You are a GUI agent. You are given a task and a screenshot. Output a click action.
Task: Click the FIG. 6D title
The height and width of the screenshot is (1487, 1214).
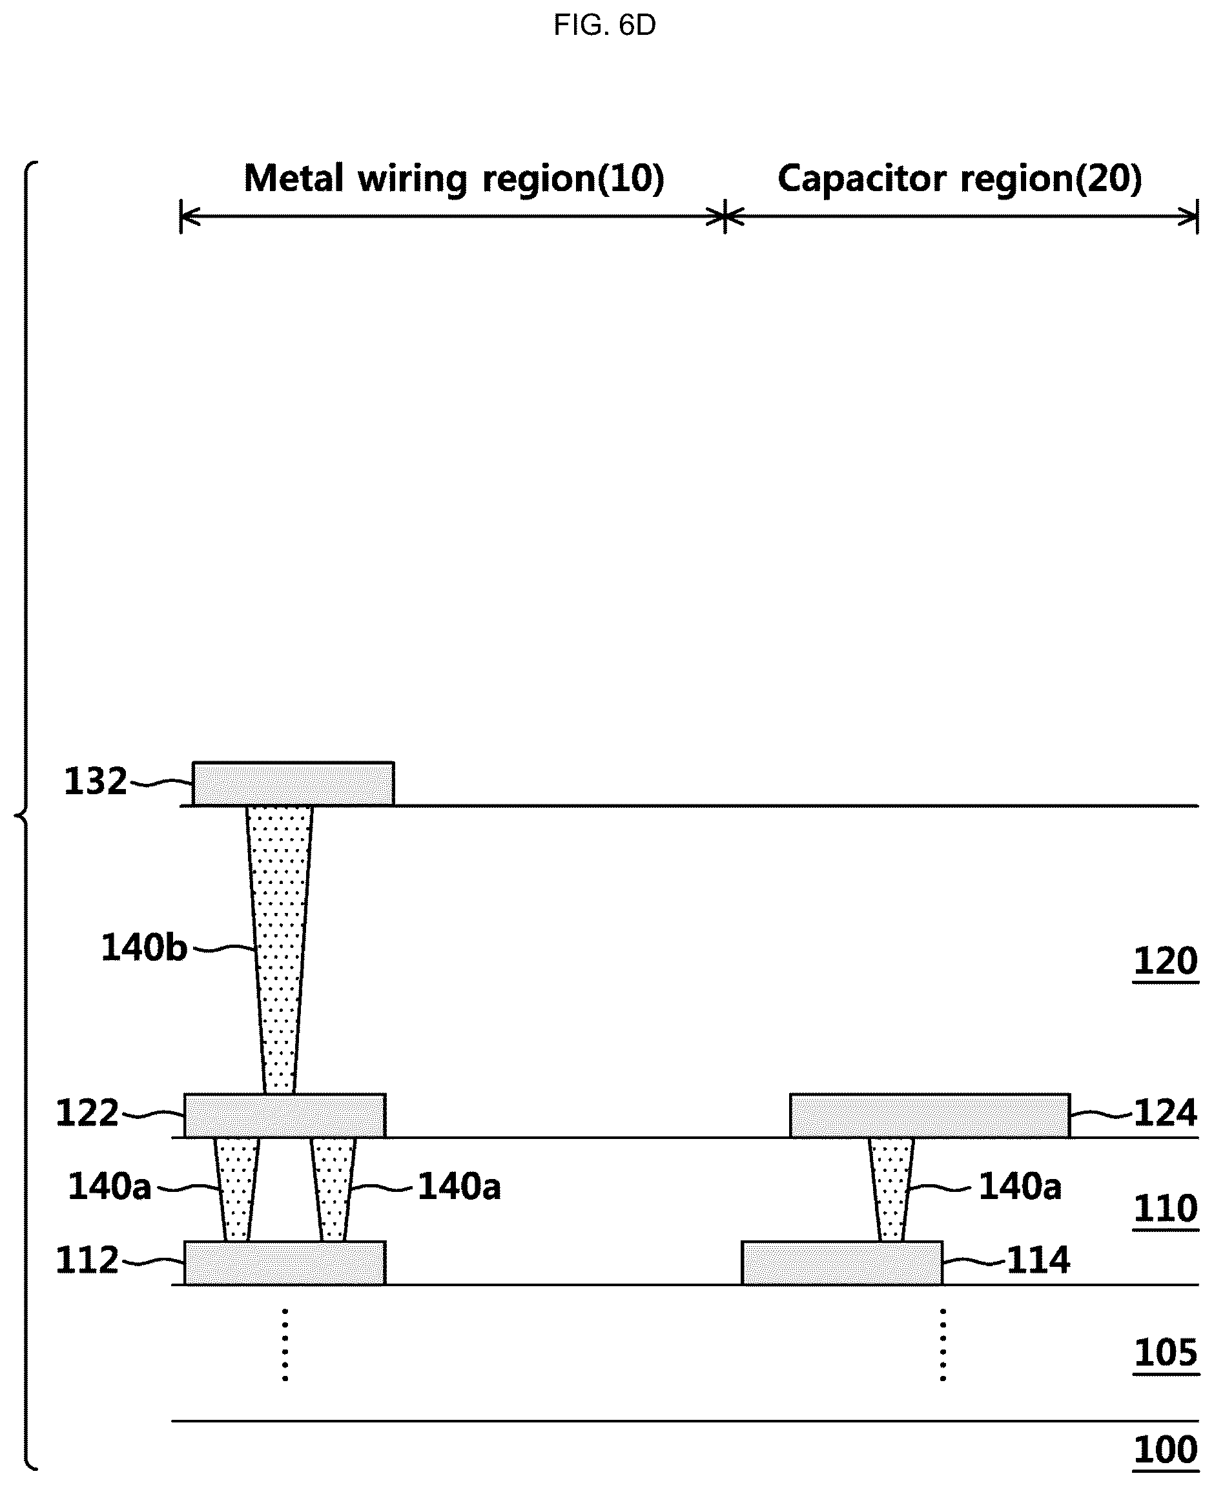[x=604, y=26]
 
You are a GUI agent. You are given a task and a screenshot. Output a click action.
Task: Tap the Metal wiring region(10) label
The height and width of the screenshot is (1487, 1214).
[x=454, y=178]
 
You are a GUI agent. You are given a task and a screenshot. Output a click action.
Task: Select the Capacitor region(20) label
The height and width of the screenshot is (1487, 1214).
[x=960, y=178]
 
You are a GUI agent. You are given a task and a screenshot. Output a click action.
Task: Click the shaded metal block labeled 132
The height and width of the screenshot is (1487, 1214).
[x=293, y=784]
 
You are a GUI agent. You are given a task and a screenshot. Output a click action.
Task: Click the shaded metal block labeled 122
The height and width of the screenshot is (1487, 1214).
[x=285, y=1116]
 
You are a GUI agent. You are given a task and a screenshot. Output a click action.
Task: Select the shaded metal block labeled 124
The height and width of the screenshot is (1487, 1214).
[x=930, y=1116]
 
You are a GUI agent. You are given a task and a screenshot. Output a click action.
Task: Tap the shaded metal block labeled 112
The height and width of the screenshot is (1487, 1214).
[x=285, y=1264]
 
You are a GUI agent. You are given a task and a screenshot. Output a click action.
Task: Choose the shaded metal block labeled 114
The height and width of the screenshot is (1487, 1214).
[x=842, y=1264]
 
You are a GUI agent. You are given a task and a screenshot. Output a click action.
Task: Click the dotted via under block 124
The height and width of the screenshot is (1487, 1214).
[x=891, y=1190]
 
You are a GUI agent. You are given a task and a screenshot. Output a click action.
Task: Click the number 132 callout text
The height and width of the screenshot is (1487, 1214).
[x=96, y=782]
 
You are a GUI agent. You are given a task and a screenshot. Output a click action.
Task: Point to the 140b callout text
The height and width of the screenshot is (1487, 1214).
[x=145, y=948]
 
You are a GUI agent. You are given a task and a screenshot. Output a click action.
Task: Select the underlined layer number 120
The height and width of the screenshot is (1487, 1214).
[x=1165, y=962]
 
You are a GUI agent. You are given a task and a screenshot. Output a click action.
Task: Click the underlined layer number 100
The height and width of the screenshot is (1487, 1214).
[x=1165, y=1451]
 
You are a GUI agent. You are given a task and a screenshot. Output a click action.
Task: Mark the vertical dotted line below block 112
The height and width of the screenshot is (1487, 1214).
[x=285, y=1345]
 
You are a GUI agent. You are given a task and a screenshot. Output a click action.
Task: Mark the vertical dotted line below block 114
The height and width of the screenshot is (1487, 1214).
[x=943, y=1345]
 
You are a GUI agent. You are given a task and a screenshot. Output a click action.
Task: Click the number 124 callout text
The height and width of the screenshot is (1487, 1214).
[x=1165, y=1114]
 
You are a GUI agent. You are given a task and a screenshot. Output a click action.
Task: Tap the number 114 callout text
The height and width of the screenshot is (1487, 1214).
[x=1038, y=1261]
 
